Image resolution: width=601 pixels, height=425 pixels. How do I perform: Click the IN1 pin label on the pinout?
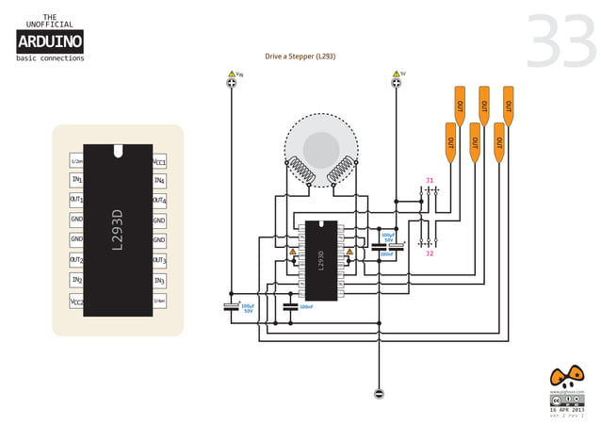tap(76, 180)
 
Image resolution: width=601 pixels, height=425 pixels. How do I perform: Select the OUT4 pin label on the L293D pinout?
tap(159, 200)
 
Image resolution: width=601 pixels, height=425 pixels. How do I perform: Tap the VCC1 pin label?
tap(159, 160)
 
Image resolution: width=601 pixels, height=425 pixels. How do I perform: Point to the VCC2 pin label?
tap(76, 302)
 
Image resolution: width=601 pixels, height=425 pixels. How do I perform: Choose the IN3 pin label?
tap(159, 281)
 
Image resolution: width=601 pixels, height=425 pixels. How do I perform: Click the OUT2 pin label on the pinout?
tap(76, 260)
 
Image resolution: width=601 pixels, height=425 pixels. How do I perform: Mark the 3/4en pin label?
tap(159, 302)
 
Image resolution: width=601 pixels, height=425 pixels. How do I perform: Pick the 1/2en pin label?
tap(76, 160)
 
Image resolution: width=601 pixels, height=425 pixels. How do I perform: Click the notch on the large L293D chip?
tap(118, 150)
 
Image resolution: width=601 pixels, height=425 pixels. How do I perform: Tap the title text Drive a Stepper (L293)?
tap(300, 57)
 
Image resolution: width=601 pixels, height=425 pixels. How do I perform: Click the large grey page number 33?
tap(560, 41)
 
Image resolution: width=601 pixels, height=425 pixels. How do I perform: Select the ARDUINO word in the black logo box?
tap(50, 41)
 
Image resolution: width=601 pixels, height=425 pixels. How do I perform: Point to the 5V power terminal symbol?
tap(397, 85)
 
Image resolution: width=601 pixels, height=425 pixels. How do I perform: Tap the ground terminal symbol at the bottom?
tap(379, 392)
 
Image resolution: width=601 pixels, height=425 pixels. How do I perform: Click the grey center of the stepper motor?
tap(320, 147)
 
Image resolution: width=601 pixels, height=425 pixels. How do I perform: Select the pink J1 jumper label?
tap(430, 180)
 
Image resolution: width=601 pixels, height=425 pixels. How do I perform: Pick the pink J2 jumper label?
tap(430, 253)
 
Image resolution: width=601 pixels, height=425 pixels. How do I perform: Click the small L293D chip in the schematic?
tap(320, 259)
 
